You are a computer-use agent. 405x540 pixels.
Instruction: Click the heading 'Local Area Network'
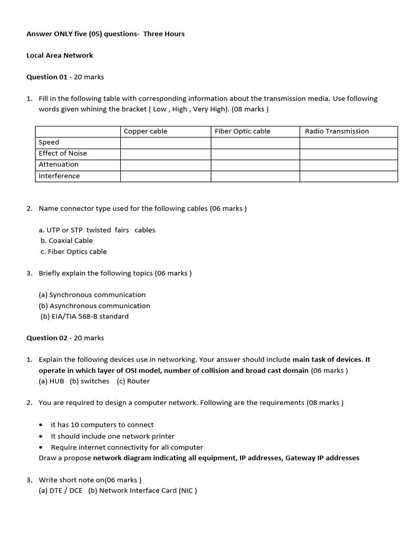point(60,55)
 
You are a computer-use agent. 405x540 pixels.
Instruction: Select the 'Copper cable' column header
point(145,131)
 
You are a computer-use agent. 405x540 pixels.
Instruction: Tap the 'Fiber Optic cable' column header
point(243,131)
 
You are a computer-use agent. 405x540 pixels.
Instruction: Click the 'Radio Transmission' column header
point(337,131)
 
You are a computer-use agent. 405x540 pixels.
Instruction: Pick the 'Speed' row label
point(49,142)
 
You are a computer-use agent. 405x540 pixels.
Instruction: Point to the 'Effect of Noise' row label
point(63,153)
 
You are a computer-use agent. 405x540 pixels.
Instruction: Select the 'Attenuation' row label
point(59,165)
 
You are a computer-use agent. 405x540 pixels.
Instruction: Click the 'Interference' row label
point(59,176)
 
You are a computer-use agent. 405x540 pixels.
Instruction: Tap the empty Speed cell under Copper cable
point(166,142)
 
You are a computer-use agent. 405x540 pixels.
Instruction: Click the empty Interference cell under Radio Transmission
point(349,176)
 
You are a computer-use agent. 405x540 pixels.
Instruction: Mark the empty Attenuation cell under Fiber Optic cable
point(255,165)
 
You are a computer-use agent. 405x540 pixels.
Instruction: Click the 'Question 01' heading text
point(47,77)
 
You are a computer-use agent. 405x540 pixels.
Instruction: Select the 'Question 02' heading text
point(47,338)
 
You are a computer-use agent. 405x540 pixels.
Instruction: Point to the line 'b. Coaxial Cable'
point(66,240)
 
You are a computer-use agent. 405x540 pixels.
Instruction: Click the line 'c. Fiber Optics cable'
point(73,252)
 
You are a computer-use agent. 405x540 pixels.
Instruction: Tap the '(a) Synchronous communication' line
point(92,295)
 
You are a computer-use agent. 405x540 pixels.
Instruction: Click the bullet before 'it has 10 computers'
point(41,425)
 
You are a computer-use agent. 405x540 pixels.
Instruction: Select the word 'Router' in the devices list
point(138,381)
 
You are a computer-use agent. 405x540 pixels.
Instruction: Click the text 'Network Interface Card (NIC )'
point(148,490)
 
